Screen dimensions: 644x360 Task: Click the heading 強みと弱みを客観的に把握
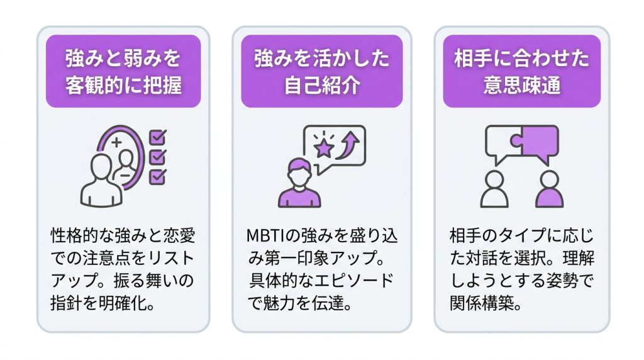coord(123,72)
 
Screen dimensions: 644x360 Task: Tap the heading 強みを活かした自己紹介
coord(322,72)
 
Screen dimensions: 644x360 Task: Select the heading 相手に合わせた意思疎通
coord(521,72)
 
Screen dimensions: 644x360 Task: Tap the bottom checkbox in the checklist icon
coord(157,177)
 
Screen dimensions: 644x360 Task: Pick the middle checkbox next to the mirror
coord(157,157)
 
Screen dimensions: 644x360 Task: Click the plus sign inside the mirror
coord(116,142)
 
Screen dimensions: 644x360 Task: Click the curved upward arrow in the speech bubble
coord(347,147)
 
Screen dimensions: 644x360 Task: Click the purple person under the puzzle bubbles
coord(549,189)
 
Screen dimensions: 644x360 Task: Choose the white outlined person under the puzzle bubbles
coord(494,189)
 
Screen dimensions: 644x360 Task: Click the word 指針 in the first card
coord(65,303)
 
